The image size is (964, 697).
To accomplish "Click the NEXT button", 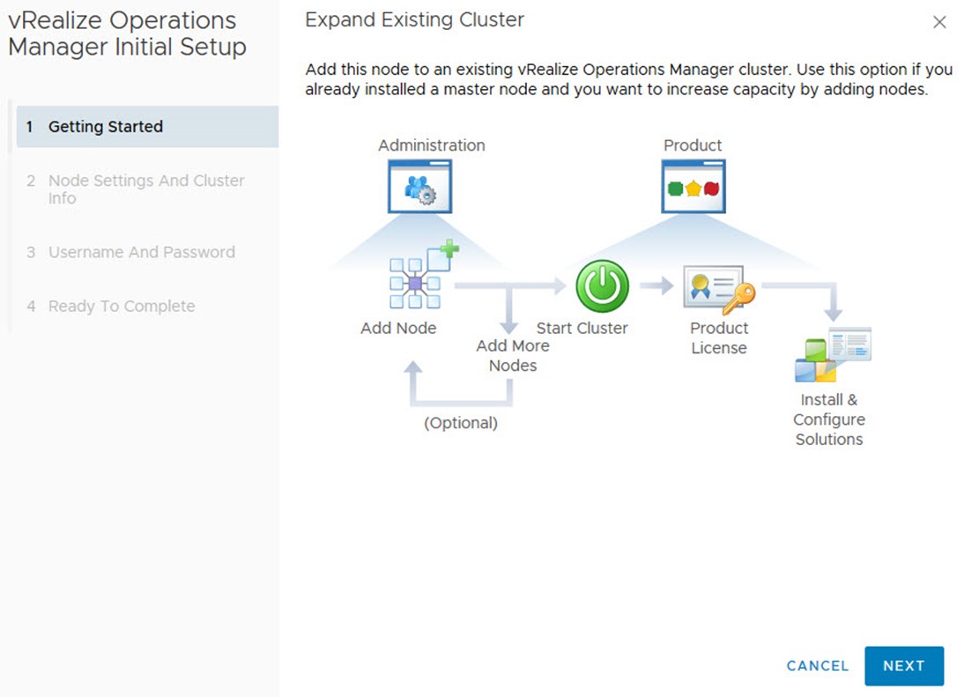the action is [904, 665].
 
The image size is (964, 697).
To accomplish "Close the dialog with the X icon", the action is [939, 23].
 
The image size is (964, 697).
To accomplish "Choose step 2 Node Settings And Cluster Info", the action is [146, 189].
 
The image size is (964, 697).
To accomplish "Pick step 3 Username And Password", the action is [142, 252].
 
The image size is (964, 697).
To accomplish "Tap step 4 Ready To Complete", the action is [122, 306].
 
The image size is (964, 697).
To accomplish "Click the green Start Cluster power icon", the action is [603, 285].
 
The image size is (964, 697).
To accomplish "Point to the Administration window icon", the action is [420, 186].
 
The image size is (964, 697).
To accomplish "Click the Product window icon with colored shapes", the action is [693, 186].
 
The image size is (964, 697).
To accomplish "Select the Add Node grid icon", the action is [424, 274].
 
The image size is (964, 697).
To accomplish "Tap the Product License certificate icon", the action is [719, 289].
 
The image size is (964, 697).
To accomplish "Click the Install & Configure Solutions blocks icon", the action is [833, 354].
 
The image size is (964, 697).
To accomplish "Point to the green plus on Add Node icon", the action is [449, 248].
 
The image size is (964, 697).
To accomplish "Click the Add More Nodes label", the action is [513, 355].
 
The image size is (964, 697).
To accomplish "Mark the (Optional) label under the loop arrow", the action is [461, 423].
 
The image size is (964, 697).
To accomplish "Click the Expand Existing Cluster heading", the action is [414, 19].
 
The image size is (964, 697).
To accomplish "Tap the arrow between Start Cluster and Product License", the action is [657, 285].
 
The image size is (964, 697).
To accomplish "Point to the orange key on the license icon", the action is [739, 298].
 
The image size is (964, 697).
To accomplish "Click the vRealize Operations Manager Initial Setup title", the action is [127, 33].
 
